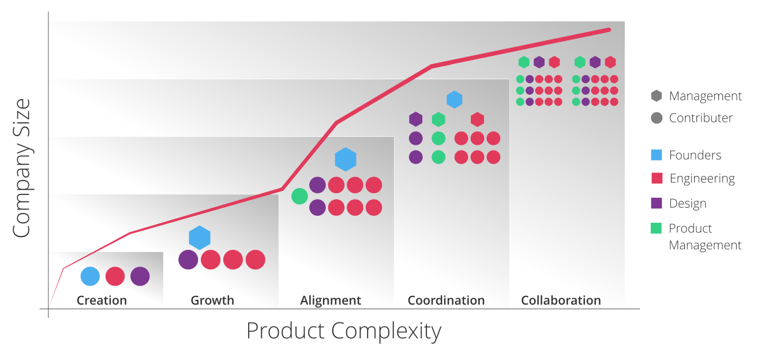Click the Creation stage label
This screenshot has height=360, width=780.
click(x=102, y=301)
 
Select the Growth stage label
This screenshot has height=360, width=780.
click(x=212, y=301)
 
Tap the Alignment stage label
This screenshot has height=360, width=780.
click(x=331, y=301)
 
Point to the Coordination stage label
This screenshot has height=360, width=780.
click(x=446, y=301)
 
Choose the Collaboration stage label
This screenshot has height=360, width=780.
click(x=561, y=301)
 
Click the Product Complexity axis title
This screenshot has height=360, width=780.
click(x=344, y=331)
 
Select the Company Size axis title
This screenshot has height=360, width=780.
click(x=21, y=168)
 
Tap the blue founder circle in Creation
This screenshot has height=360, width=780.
click(x=90, y=276)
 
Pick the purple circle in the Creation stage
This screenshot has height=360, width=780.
click(x=140, y=276)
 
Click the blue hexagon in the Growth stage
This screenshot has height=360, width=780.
click(x=200, y=238)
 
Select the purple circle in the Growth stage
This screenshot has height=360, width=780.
click(x=188, y=260)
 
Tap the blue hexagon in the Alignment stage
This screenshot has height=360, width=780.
click(x=346, y=159)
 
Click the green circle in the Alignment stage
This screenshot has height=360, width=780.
click(x=299, y=196)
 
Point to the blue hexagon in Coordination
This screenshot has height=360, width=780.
click(x=455, y=99)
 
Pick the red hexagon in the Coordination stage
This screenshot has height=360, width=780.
click(x=477, y=119)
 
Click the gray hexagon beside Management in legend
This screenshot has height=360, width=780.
click(x=656, y=96)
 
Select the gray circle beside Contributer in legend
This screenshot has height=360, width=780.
click(x=656, y=118)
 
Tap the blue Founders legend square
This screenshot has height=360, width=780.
click(x=656, y=155)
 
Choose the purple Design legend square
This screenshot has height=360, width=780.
click(x=656, y=203)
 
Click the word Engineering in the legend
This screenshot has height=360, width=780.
click(x=702, y=179)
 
